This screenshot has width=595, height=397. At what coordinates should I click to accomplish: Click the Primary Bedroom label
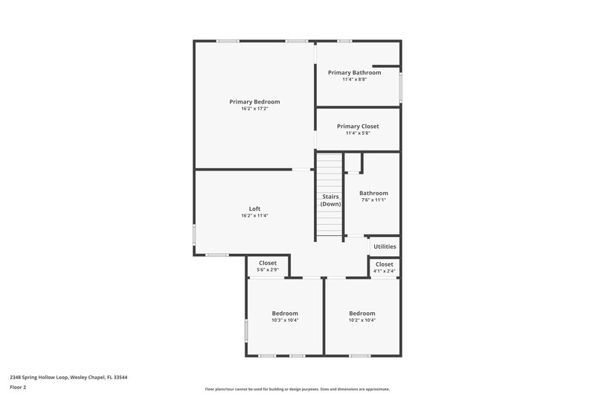(254, 101)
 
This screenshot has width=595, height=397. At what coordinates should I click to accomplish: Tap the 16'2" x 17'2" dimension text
(254, 109)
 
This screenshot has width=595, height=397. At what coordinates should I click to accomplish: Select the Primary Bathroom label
(354, 72)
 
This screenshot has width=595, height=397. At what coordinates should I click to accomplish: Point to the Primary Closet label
(358, 127)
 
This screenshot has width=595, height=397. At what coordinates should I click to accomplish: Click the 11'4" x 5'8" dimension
(358, 133)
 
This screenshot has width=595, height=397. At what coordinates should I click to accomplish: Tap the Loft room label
(254, 209)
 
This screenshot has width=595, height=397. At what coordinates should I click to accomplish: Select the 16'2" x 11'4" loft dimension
(254, 216)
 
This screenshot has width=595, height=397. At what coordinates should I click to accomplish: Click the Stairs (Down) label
(331, 200)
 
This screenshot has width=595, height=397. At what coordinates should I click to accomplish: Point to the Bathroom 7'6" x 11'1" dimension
(373, 200)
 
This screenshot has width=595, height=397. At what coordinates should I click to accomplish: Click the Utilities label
(385, 247)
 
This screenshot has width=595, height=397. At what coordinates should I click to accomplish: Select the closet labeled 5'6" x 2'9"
(268, 267)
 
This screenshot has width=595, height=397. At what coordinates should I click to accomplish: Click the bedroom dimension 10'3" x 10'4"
(285, 320)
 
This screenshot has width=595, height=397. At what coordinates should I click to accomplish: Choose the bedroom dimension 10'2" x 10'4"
(362, 320)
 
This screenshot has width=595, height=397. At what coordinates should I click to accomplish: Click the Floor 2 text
(19, 387)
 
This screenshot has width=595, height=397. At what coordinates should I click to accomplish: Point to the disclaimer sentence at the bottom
(297, 389)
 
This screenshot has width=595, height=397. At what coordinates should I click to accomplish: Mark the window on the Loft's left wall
(195, 235)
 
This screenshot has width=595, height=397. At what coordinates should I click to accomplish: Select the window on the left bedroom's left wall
(247, 330)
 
